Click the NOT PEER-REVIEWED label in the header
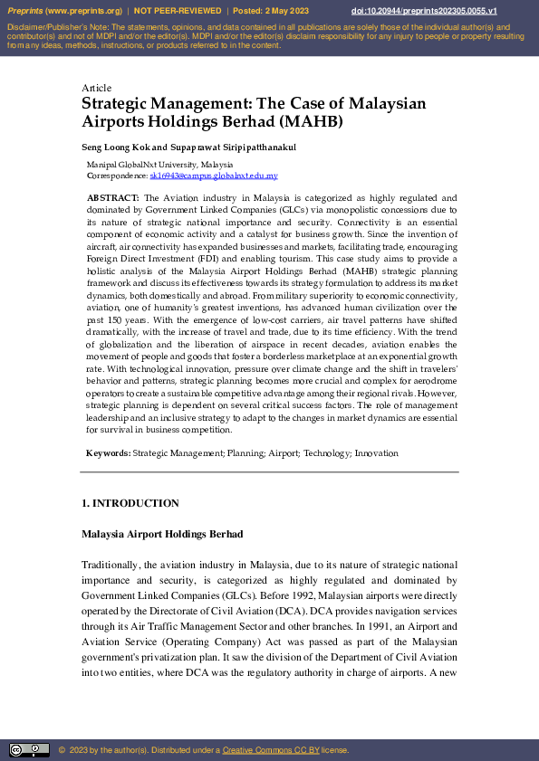[178, 11]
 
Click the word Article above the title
[96, 88]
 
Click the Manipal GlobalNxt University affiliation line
[159, 165]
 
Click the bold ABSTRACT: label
[112, 197]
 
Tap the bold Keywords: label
[108, 452]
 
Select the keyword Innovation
[376, 452]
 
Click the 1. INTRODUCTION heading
[130, 503]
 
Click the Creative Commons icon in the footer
[29, 750]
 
